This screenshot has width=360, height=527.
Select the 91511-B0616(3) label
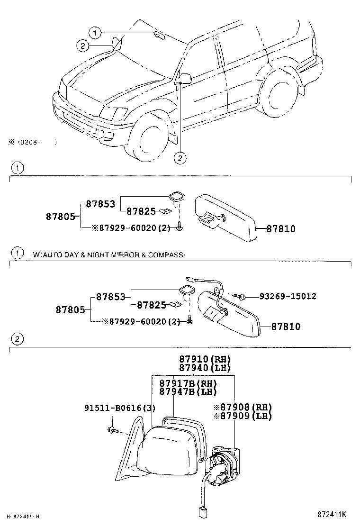[120, 408]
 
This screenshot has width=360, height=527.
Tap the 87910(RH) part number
[205, 359]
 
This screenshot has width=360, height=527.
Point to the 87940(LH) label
[205, 368]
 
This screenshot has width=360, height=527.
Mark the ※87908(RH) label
[243, 407]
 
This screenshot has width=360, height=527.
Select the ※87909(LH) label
[243, 416]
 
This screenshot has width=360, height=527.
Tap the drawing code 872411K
[332, 514]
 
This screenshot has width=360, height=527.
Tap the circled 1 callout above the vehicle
[96, 33]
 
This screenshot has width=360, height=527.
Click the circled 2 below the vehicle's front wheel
[180, 158]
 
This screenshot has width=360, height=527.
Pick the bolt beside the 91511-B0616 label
[112, 430]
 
